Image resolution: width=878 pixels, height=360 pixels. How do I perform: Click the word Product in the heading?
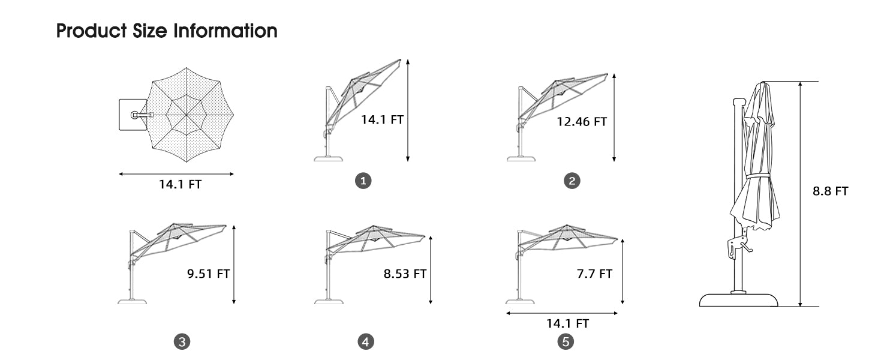tap(92, 31)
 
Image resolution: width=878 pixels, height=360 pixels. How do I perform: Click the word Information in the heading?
tap(225, 31)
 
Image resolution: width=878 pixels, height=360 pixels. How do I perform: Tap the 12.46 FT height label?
tap(582, 122)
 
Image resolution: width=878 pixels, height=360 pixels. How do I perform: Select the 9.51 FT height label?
tap(208, 274)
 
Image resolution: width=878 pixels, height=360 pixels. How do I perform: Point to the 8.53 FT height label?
tap(405, 274)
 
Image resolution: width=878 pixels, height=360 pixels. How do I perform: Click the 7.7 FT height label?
tap(594, 274)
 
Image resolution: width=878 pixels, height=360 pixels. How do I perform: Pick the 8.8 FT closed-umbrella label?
tap(830, 191)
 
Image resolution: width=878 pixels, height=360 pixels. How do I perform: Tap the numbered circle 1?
tap(363, 181)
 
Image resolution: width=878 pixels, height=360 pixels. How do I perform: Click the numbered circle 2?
tap(572, 181)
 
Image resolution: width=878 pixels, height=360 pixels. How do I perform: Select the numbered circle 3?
tap(182, 341)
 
